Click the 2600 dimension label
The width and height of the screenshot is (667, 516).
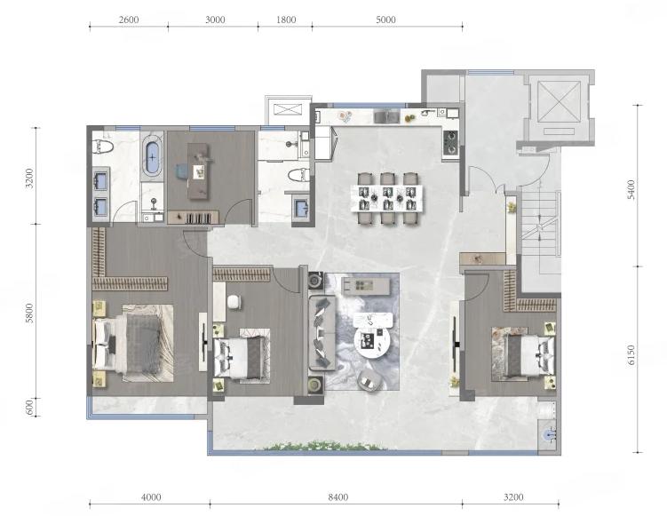[129, 20]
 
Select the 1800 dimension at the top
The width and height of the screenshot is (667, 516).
[286, 20]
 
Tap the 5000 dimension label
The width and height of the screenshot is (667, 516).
[385, 20]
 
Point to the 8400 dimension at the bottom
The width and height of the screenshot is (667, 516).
[338, 496]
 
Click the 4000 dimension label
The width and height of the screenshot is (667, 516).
[151, 496]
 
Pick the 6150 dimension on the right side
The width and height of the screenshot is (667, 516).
[631, 354]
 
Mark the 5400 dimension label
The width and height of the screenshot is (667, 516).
[631, 190]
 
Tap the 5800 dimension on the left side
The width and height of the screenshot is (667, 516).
[29, 314]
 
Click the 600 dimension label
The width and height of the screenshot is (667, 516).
[29, 408]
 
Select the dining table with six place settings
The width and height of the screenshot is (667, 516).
[387, 198]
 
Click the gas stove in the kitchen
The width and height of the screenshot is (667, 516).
[450, 142]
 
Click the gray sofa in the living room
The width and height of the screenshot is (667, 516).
[322, 333]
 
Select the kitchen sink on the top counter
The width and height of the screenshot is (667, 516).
[386, 115]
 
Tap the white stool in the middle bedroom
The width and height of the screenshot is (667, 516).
[234, 302]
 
